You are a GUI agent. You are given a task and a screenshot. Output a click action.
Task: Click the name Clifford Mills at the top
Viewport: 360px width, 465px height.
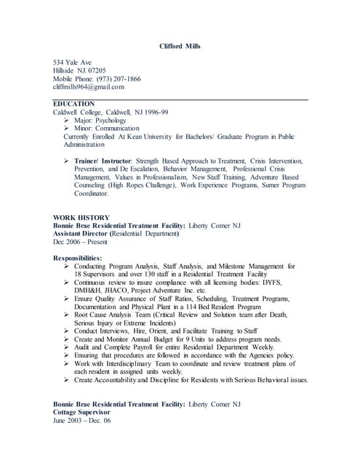[x=180, y=46]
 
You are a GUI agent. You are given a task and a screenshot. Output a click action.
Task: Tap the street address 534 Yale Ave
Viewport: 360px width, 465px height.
[x=72, y=62]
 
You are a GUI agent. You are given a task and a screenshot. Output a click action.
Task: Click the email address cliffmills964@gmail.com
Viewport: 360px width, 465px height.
[x=89, y=86]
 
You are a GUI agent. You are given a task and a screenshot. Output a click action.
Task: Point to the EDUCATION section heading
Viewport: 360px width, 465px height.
[x=74, y=105]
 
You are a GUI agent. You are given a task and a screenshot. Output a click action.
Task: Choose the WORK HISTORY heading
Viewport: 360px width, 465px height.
[x=81, y=217]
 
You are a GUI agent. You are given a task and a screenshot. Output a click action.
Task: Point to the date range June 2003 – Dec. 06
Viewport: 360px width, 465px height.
[x=82, y=419]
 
